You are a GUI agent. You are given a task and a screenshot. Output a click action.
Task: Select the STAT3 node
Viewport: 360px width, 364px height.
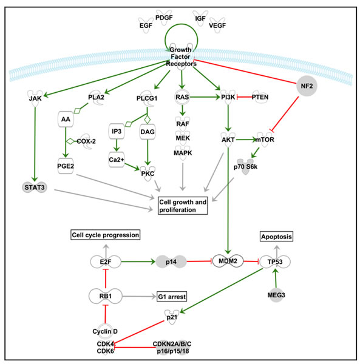point(32,187)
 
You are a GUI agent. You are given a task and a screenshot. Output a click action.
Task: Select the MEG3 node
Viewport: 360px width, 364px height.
point(277,295)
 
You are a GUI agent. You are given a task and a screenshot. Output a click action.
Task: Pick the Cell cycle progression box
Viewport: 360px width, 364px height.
point(106,234)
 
